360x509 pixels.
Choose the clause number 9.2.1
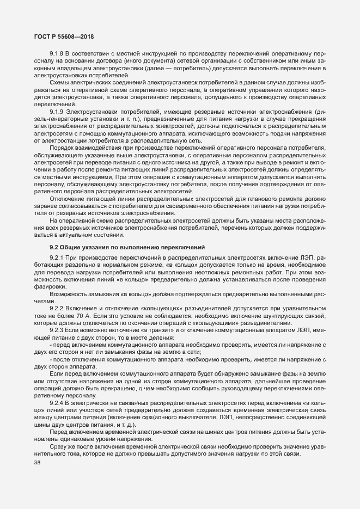pos(56,257)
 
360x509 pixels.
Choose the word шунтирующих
pos(285,316)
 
